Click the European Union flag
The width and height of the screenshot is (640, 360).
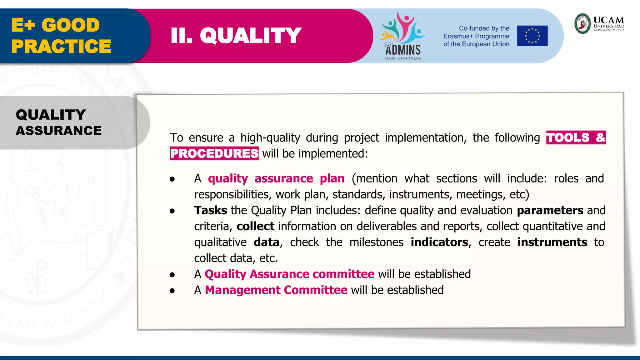(532, 36)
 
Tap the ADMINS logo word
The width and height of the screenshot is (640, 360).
(403, 50)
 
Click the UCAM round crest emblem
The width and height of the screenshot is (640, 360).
(582, 23)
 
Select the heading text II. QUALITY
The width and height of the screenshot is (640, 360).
(236, 36)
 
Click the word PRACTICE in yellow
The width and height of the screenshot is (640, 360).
(61, 46)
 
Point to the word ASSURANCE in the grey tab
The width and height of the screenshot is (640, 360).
(59, 131)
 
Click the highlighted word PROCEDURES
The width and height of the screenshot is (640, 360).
(214, 153)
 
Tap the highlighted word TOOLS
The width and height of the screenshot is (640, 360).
(567, 137)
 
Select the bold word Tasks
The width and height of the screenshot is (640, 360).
(210, 210)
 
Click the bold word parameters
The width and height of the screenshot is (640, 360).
(550, 210)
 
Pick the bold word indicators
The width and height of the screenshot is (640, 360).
(439, 242)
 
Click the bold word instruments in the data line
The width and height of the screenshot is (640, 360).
(552, 242)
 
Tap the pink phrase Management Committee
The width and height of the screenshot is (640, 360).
(276, 290)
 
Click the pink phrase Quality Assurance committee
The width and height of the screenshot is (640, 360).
(289, 274)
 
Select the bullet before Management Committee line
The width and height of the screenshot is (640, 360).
(172, 291)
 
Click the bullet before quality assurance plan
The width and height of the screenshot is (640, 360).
(172, 179)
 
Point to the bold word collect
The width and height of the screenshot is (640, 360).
(255, 226)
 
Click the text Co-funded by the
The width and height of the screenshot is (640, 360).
(484, 28)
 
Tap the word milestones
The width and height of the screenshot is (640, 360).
(376, 242)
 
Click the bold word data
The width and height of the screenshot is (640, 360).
(266, 242)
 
